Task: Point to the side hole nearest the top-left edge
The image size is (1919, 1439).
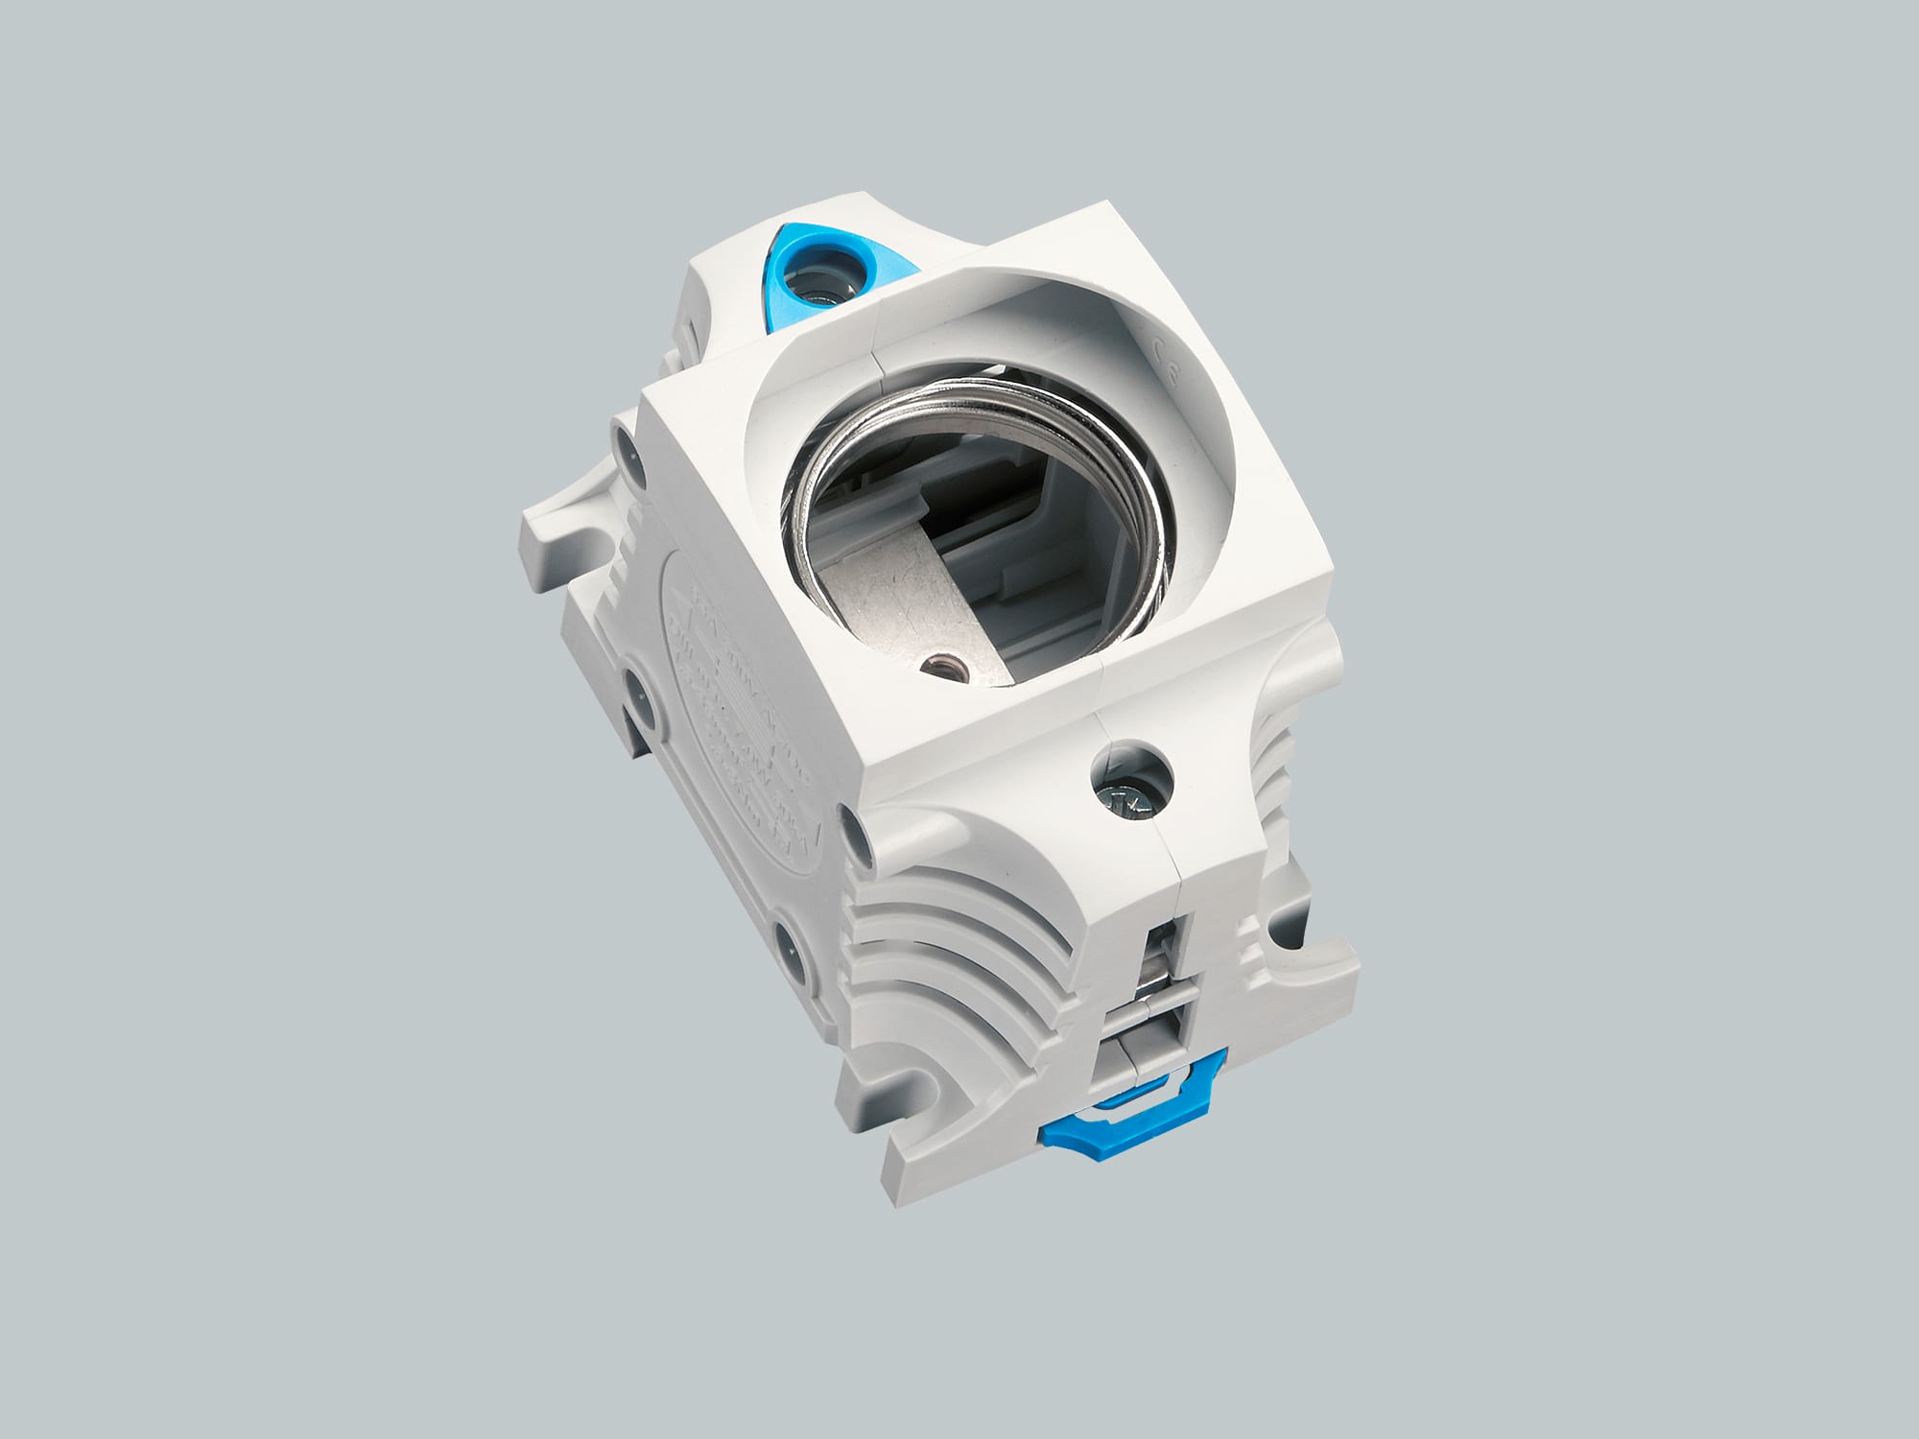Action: coord(629,447)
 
